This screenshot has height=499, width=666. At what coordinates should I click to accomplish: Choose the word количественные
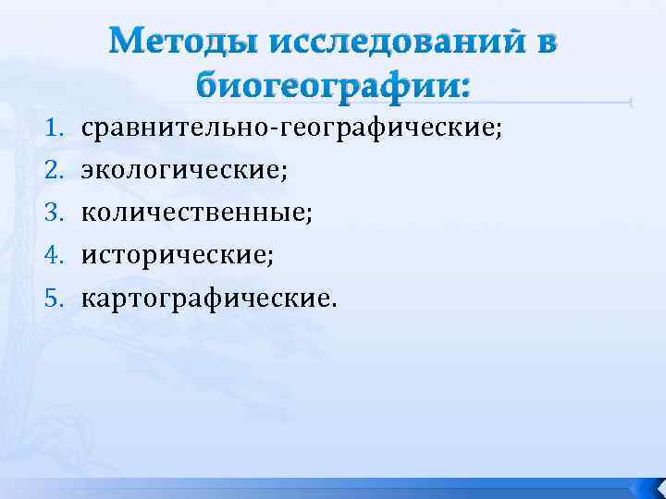tap(195, 213)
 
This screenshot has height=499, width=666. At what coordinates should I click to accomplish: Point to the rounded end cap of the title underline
tap(629, 103)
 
